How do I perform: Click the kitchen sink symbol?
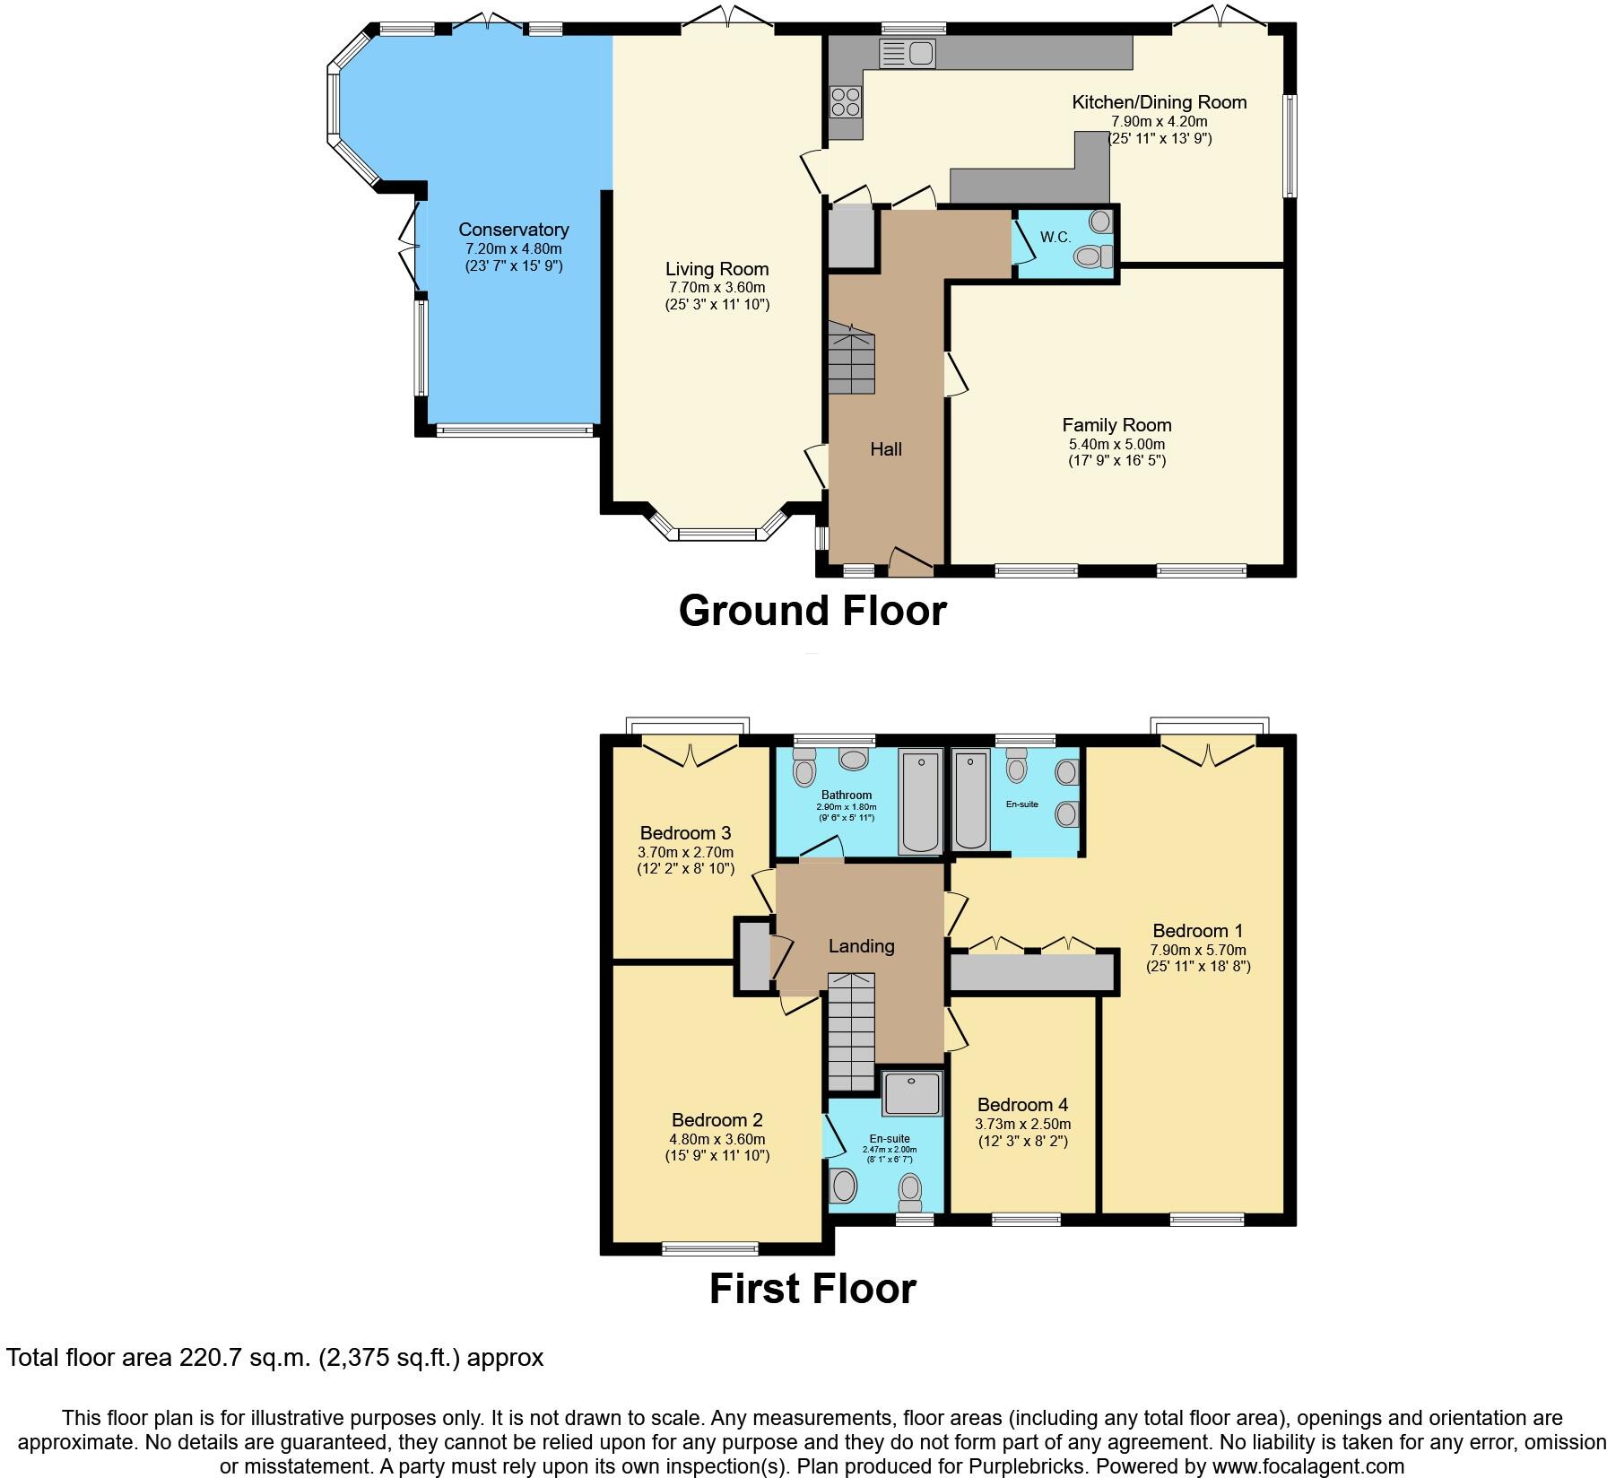(908, 52)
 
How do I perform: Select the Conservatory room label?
(514, 230)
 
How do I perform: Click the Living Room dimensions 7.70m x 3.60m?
(717, 287)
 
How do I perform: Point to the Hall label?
(886, 449)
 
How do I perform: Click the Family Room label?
(1116, 425)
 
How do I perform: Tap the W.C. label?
(1055, 237)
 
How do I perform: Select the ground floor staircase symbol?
(850, 359)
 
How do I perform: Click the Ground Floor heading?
(812, 611)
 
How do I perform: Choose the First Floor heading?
(812, 1289)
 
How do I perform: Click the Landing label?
(861, 945)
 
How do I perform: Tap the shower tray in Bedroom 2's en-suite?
(912, 1092)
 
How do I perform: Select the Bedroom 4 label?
(1022, 1105)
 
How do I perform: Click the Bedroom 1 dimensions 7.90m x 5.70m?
(1198, 950)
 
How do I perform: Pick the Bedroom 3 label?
(685, 833)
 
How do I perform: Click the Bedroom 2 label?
(717, 1120)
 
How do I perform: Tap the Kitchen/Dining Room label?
(1159, 102)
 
